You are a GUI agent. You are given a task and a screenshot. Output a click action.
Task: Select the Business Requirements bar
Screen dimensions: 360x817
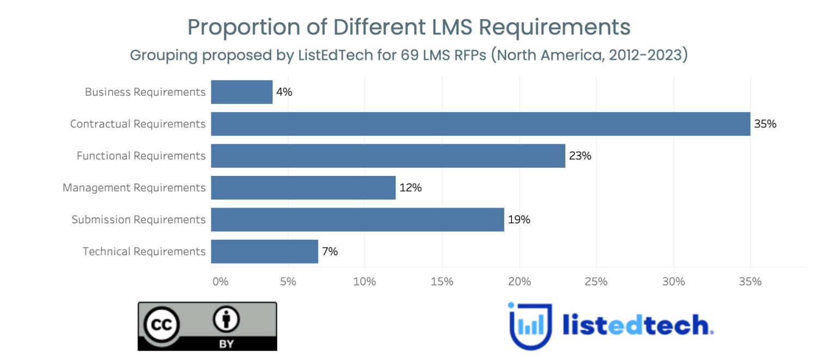coord(242,92)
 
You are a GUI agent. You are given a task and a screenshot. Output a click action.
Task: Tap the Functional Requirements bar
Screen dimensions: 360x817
coord(388,156)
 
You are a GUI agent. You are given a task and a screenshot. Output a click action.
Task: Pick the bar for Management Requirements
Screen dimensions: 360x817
coord(303,187)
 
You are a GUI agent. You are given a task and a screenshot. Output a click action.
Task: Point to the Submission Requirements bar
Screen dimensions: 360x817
coord(357,219)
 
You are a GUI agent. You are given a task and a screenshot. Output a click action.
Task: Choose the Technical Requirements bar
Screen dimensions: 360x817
coord(264,251)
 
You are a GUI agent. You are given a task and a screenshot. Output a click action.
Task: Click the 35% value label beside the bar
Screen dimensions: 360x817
coord(765,124)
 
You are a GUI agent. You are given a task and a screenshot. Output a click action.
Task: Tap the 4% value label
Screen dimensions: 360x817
coord(284,92)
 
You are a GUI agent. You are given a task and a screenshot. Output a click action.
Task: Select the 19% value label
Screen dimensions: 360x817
coord(519,219)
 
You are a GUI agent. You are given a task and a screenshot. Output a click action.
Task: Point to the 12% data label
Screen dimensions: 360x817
coord(410,188)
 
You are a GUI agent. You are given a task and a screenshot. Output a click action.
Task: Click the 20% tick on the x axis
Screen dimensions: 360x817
coord(519,282)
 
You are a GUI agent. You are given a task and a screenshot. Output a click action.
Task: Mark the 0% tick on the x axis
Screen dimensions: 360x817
coord(220,282)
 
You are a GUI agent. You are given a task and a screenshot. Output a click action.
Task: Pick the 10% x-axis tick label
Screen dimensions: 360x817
coord(364,282)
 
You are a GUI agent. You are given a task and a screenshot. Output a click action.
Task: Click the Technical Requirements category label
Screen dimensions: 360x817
coord(144,252)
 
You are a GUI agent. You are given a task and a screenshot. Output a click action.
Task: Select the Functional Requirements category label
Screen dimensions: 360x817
coord(141,156)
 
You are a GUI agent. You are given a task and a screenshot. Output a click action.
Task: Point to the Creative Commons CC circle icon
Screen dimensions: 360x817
coord(161,325)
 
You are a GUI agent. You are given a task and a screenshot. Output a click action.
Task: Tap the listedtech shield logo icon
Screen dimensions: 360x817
coord(530,325)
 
